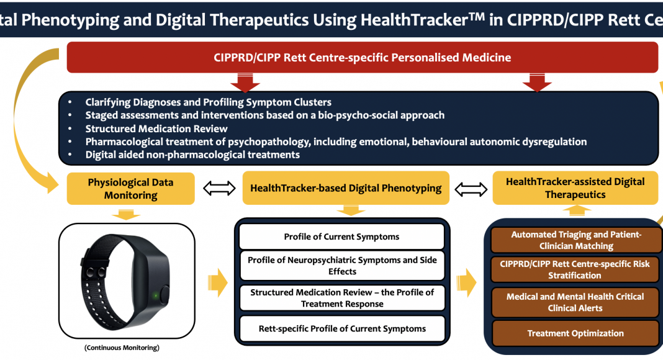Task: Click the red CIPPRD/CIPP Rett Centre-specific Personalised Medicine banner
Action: pyautogui.click(x=363, y=58)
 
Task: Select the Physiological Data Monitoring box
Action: pyautogui.click(x=130, y=189)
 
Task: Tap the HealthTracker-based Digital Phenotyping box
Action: pyautogui.click(x=346, y=188)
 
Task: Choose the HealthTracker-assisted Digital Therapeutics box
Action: pyautogui.click(x=575, y=188)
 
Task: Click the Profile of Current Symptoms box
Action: pyautogui.click(x=341, y=236)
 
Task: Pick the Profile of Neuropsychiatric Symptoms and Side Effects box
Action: pyautogui.click(x=342, y=266)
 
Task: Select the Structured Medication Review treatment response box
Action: pyautogui.click(x=342, y=298)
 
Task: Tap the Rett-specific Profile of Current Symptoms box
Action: pyautogui.click(x=342, y=329)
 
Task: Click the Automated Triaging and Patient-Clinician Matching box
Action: pyautogui.click(x=576, y=240)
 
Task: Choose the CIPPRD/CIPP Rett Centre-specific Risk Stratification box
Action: pyautogui.click(x=575, y=269)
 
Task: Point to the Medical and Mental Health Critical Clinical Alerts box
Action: pyautogui.click(x=575, y=302)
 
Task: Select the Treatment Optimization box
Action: pyautogui.click(x=575, y=333)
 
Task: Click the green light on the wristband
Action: pyautogui.click(x=156, y=295)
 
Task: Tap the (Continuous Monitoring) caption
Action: pyautogui.click(x=122, y=348)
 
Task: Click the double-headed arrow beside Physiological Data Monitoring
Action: pyautogui.click(x=219, y=188)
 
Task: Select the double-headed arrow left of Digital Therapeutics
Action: pyautogui.click(x=471, y=189)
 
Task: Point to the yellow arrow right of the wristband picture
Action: pyautogui.click(x=218, y=282)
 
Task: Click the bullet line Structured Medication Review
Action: pyautogui.click(x=156, y=128)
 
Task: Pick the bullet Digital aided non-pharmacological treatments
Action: pyautogui.click(x=192, y=155)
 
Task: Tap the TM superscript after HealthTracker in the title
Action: pyautogui.click(x=476, y=16)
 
